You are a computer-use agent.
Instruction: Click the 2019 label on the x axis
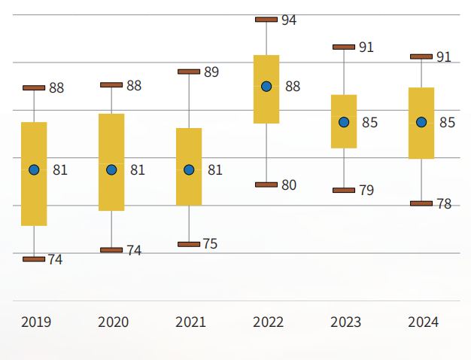(36, 322)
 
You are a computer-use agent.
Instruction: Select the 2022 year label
(268, 322)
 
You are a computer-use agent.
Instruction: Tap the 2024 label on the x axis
(423, 322)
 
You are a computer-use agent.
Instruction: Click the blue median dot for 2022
(266, 87)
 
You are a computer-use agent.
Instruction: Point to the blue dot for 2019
(34, 169)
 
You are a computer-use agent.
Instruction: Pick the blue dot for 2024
(421, 122)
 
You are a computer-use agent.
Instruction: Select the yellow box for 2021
(189, 166)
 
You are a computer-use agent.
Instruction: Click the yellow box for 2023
(344, 121)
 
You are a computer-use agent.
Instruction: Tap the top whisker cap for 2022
(266, 20)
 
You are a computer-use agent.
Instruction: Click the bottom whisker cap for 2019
(34, 259)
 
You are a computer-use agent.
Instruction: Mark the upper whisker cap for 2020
(111, 85)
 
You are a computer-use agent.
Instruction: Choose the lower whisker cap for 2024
(421, 203)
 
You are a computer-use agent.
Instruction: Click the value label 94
(289, 20)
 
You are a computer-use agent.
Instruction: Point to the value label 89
(211, 72)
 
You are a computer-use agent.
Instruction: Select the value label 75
(210, 244)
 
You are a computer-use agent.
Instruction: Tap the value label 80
(289, 185)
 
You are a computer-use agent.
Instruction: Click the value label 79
(366, 191)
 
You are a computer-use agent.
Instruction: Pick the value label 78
(444, 204)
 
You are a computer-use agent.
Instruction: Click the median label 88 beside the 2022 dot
(293, 87)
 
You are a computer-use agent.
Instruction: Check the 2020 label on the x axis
(113, 322)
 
